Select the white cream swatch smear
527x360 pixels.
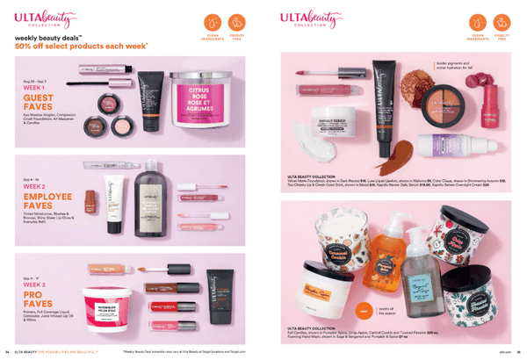(x=302, y=135)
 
